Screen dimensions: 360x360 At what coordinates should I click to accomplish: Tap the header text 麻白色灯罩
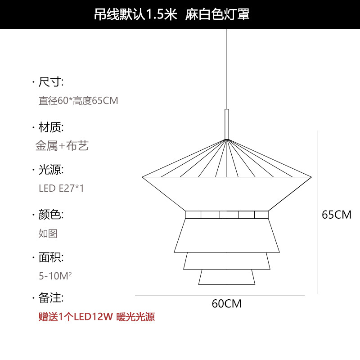pyautogui.click(x=217, y=14)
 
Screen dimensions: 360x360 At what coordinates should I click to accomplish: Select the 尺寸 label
pyautogui.click(x=51, y=82)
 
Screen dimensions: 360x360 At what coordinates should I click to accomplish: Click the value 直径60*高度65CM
pyautogui.click(x=78, y=100)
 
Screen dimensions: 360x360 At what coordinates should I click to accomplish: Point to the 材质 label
pyautogui.click(x=51, y=126)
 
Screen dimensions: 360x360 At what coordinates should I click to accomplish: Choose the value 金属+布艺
pyautogui.click(x=62, y=145)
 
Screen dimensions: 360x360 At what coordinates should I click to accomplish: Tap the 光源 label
pyautogui.click(x=51, y=170)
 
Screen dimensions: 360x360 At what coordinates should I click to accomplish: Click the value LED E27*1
pyautogui.click(x=61, y=188)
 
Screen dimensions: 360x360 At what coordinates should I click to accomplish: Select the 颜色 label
pyautogui.click(x=51, y=214)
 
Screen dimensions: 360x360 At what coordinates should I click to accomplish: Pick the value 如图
pyautogui.click(x=48, y=233)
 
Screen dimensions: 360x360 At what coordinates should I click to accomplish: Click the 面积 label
pyautogui.click(x=51, y=257)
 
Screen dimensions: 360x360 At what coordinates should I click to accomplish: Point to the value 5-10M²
pyautogui.click(x=55, y=275)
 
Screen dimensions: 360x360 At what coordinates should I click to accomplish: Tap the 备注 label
pyautogui.click(x=51, y=297)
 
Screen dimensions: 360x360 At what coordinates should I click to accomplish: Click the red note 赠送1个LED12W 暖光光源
pyautogui.click(x=97, y=317)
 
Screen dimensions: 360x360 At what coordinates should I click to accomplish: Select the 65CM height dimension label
pyautogui.click(x=337, y=215)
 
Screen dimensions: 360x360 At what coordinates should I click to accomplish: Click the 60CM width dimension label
pyautogui.click(x=227, y=304)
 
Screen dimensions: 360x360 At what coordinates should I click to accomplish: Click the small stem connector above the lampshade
pyautogui.click(x=227, y=124)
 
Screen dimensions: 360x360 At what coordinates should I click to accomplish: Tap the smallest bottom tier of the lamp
pyautogui.click(x=227, y=277)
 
